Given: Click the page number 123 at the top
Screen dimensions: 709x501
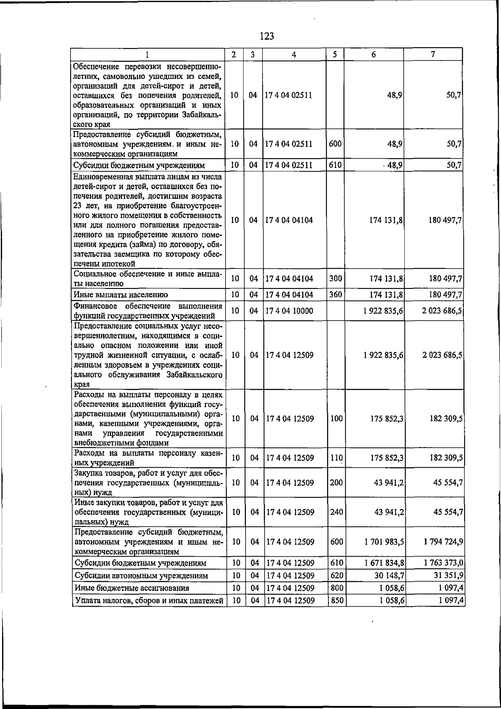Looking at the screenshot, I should click(x=266, y=36).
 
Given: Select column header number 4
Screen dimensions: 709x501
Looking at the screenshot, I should click(x=294, y=54).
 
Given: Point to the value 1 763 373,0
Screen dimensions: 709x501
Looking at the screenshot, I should click(x=443, y=563).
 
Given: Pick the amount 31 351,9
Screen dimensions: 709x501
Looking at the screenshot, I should click(x=447, y=575).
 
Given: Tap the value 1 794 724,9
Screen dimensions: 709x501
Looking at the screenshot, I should click(x=443, y=542).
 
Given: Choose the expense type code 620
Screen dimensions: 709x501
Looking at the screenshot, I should click(x=336, y=575).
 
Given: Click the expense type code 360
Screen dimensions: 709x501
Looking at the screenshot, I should click(x=336, y=295).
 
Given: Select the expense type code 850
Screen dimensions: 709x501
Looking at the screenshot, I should click(x=336, y=600).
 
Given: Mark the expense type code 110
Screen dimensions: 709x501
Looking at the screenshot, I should click(x=336, y=458).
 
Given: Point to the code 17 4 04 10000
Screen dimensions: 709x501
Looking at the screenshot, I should click(x=289, y=311).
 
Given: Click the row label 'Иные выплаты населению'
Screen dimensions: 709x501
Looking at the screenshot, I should click(x=121, y=295).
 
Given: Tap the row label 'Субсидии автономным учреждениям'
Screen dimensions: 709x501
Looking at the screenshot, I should click(x=141, y=575).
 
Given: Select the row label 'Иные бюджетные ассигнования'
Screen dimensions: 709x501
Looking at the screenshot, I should click(x=132, y=588).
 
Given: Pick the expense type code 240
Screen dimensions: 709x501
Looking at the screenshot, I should click(x=336, y=512).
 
